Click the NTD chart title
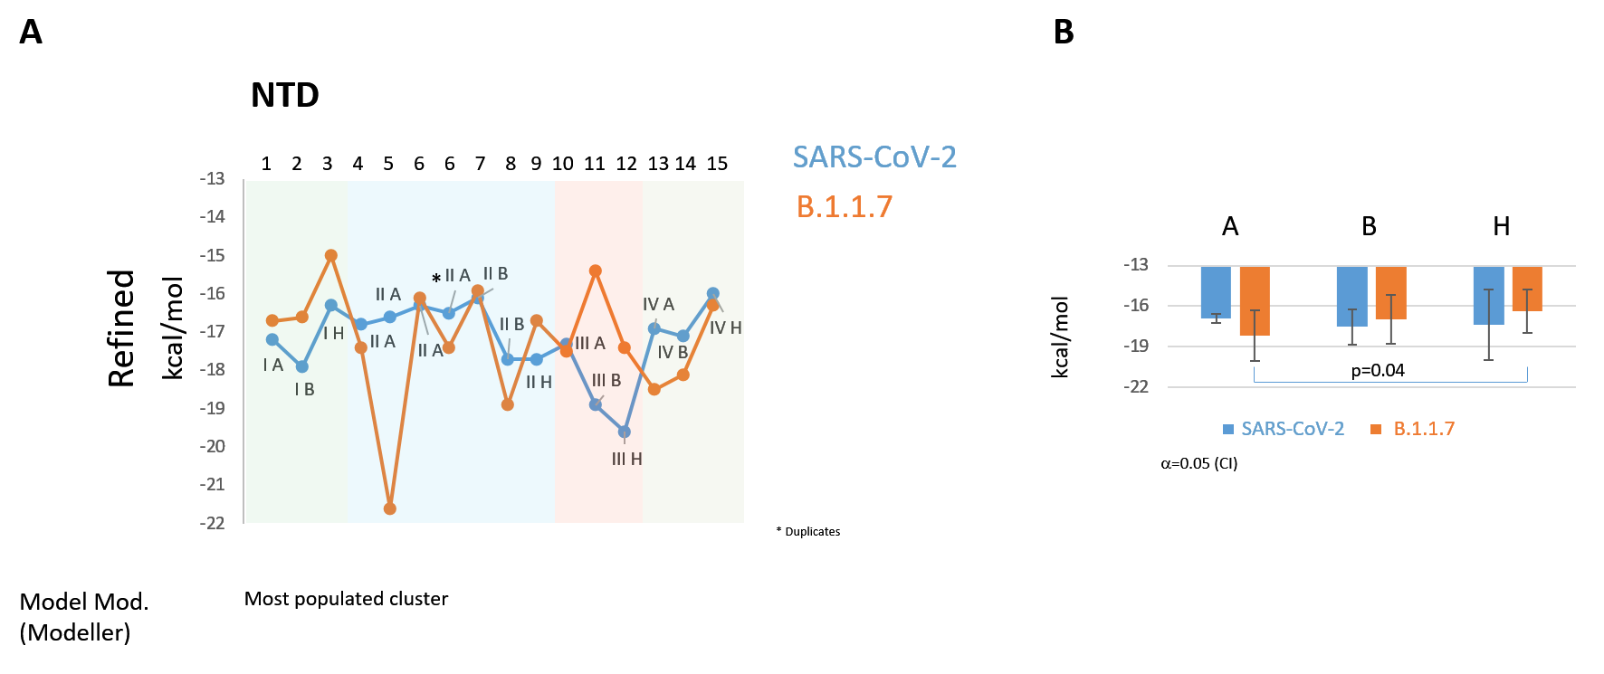pos(284,95)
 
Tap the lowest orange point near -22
pos(390,508)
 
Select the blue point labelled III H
pos(625,432)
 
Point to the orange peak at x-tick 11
pos(596,271)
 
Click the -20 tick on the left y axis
pos(213,446)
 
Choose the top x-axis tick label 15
pos(717,164)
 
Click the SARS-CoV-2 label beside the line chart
pos(874,157)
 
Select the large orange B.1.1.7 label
pos(844,207)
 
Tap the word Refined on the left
pos(121,328)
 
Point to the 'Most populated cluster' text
pos(346,599)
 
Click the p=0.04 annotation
pos(1378,370)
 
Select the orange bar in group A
pos(1255,301)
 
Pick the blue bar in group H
pos(1488,296)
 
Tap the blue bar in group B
pos(1351,297)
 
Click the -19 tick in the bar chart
pos(1136,346)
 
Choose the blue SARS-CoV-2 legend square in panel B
pos(1228,430)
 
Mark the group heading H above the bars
pos(1501,226)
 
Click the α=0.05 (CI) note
pos(1198,463)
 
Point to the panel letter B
pos(1064,33)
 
